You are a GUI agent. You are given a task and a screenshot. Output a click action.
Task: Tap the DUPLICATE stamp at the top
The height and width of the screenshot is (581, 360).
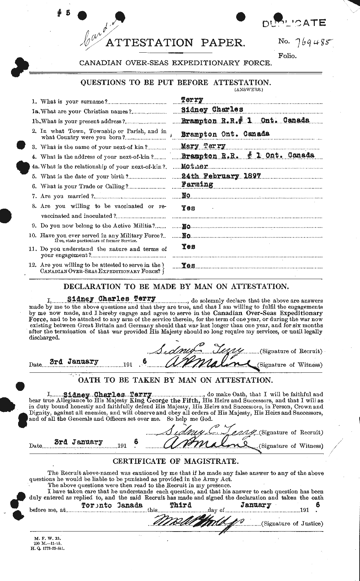click(294, 23)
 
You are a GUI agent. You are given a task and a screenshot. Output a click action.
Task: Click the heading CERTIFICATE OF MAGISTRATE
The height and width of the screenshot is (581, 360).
click(175, 461)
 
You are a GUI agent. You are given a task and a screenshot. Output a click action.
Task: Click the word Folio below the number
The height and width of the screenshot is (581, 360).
click(287, 55)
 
